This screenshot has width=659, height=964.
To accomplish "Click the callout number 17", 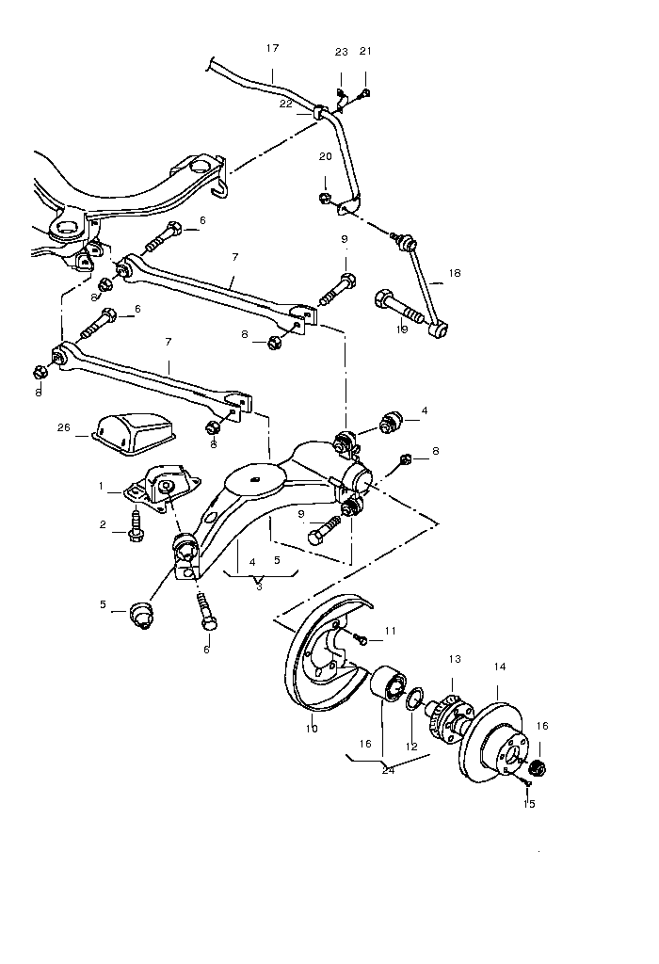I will click(x=273, y=47).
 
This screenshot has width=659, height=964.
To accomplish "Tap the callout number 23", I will click(x=341, y=52).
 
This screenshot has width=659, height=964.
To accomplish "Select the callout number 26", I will click(x=64, y=427).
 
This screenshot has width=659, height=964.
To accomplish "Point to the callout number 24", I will click(x=388, y=769).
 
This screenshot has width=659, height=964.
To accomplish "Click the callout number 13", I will click(x=455, y=659).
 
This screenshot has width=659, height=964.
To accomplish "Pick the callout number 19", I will click(x=402, y=329).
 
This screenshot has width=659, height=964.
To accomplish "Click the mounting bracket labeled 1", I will click(x=160, y=490).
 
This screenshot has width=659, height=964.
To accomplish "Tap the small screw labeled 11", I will click(x=362, y=639).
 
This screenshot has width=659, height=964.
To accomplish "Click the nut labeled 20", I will click(x=325, y=198).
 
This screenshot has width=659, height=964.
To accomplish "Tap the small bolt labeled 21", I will click(x=365, y=91).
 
